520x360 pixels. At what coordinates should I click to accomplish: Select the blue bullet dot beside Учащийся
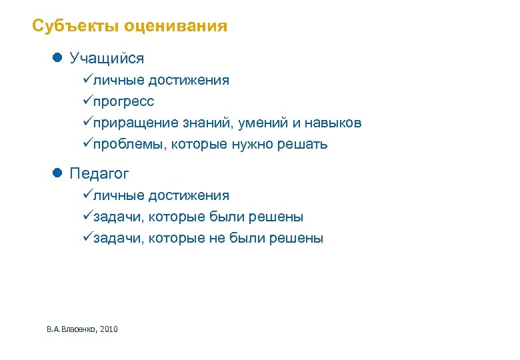(57, 58)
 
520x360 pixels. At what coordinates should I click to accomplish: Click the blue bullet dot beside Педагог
(57, 173)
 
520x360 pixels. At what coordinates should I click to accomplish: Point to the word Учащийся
(107, 59)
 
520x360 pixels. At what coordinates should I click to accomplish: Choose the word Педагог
(99, 174)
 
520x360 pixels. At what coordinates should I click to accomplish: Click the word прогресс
(123, 102)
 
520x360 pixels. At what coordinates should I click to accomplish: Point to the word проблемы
(129, 145)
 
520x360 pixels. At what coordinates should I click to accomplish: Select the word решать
(306, 145)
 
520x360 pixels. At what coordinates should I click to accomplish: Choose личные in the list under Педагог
(119, 196)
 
